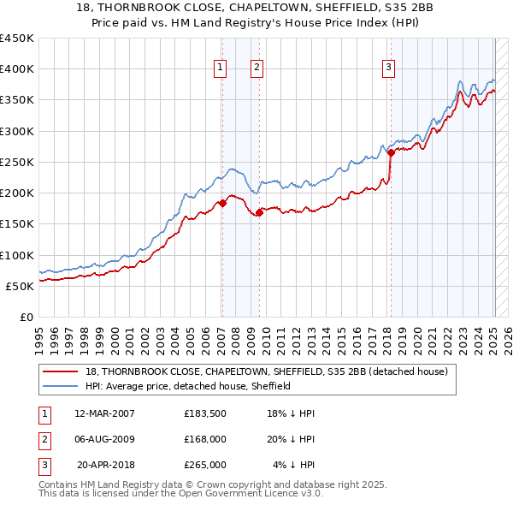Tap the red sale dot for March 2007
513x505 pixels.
coord(222,203)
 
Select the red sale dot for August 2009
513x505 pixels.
coord(258,213)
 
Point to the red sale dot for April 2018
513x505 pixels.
coord(391,153)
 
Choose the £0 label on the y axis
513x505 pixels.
coord(26,317)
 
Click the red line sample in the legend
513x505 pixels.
coord(61,372)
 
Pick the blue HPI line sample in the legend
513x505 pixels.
coord(61,386)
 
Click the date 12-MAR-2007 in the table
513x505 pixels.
coord(105,413)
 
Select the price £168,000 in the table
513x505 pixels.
coord(205,439)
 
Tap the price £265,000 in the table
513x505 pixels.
coord(205,465)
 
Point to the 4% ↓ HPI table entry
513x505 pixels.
coord(293,465)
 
